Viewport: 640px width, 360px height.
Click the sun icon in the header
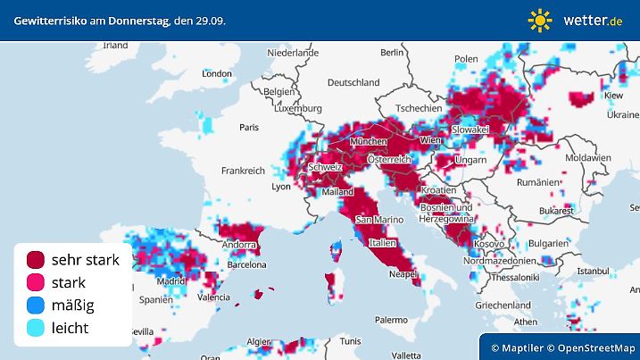point(540,20)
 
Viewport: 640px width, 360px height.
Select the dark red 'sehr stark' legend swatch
point(36,260)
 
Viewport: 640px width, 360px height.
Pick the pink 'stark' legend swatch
point(36,282)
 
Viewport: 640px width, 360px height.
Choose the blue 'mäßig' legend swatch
point(36,306)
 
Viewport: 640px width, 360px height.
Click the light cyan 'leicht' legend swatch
point(36,328)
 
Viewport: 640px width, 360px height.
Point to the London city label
point(217,74)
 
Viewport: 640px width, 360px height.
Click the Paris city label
point(249,128)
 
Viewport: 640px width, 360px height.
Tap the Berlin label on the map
point(392,53)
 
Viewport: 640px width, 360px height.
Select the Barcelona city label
point(247,264)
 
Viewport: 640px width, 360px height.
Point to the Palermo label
point(391,319)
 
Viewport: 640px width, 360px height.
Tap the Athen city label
point(526,322)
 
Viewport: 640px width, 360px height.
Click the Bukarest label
point(555,211)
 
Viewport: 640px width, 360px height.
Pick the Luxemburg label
point(298,108)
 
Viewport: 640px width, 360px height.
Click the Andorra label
point(239,245)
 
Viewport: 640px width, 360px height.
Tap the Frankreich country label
point(244,170)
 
